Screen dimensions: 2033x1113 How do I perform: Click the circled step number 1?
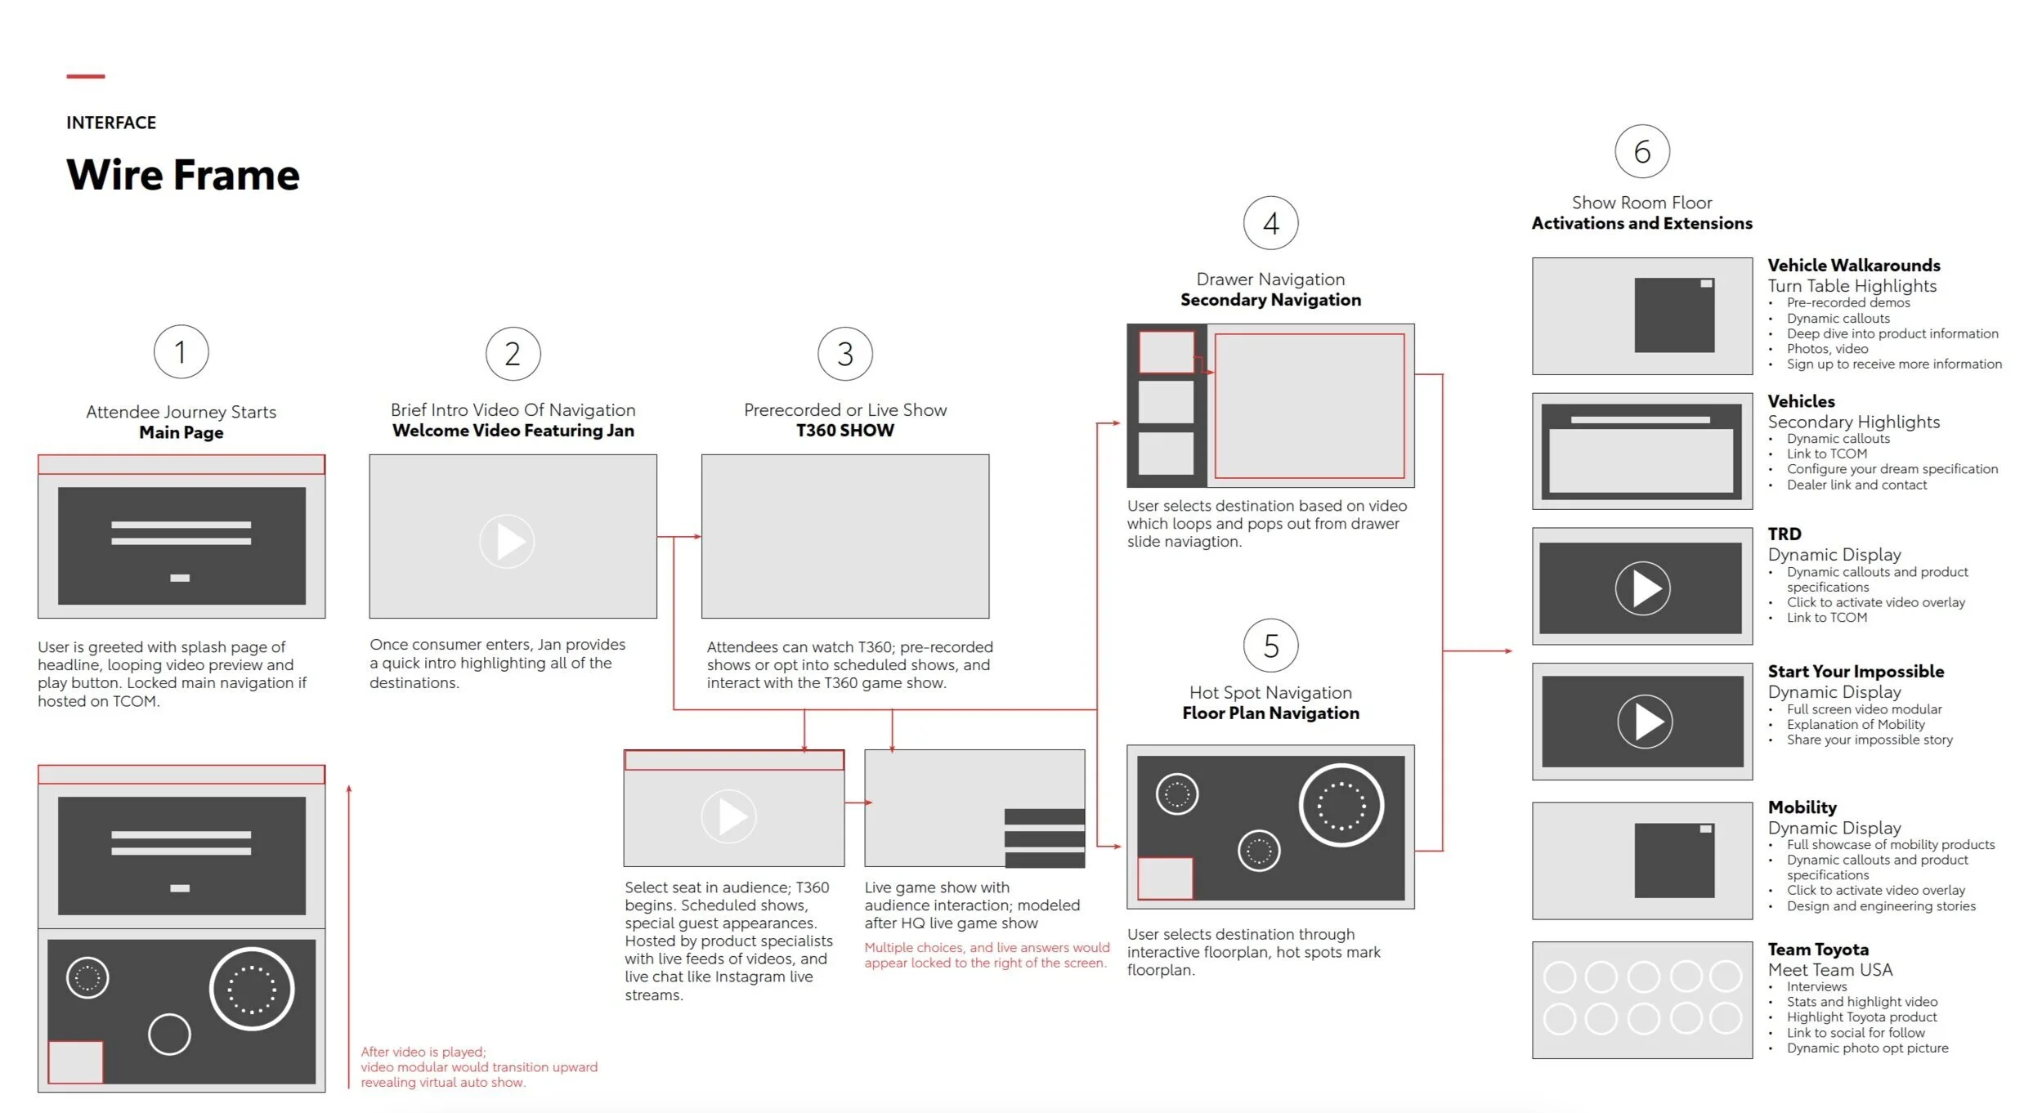pyautogui.click(x=181, y=352)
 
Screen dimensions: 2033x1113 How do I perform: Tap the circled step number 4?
pyautogui.click(x=1270, y=223)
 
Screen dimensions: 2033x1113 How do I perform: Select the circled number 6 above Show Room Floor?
pyautogui.click(x=1641, y=152)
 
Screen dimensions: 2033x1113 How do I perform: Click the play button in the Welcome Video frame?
pyautogui.click(x=507, y=541)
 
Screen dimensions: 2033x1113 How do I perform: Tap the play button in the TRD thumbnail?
pyautogui.click(x=1642, y=588)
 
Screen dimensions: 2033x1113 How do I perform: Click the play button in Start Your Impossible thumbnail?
pyautogui.click(x=1644, y=722)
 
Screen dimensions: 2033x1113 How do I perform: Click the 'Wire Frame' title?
pyautogui.click(x=183, y=175)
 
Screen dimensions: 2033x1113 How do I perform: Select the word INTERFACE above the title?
pyautogui.click(x=111, y=123)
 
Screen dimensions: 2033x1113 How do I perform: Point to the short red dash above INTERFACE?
pyautogui.click(x=86, y=77)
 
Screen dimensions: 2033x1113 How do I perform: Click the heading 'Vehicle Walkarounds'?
pyautogui.click(x=1853, y=266)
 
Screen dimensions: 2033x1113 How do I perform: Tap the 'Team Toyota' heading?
pyautogui.click(x=1818, y=950)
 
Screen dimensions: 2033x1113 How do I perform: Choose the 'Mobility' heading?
pyautogui.click(x=1802, y=807)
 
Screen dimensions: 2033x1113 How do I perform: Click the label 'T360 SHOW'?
pyautogui.click(x=845, y=431)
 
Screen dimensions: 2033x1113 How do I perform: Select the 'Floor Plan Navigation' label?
pyautogui.click(x=1270, y=713)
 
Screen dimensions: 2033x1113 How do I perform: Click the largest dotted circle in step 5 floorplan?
pyautogui.click(x=1341, y=806)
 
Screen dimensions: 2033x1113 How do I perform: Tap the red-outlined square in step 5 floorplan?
pyautogui.click(x=1165, y=878)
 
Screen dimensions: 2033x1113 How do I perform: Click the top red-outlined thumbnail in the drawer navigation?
pyautogui.click(x=1167, y=352)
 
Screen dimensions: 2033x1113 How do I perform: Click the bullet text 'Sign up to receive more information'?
pyautogui.click(x=1894, y=364)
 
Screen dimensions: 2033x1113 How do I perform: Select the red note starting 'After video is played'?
pyautogui.click(x=479, y=1067)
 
